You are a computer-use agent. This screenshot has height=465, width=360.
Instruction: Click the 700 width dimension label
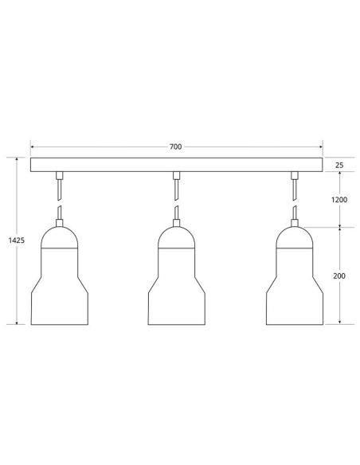(x=175, y=147)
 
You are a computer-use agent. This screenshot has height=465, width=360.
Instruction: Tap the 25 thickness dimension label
(x=340, y=165)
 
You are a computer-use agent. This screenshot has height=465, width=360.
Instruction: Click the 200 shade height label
(x=340, y=275)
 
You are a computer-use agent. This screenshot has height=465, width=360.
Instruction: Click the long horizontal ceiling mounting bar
(x=176, y=165)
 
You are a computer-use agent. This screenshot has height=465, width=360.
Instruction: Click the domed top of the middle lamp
(x=176, y=236)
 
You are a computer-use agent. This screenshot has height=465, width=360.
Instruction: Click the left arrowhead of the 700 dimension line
(x=33, y=147)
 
